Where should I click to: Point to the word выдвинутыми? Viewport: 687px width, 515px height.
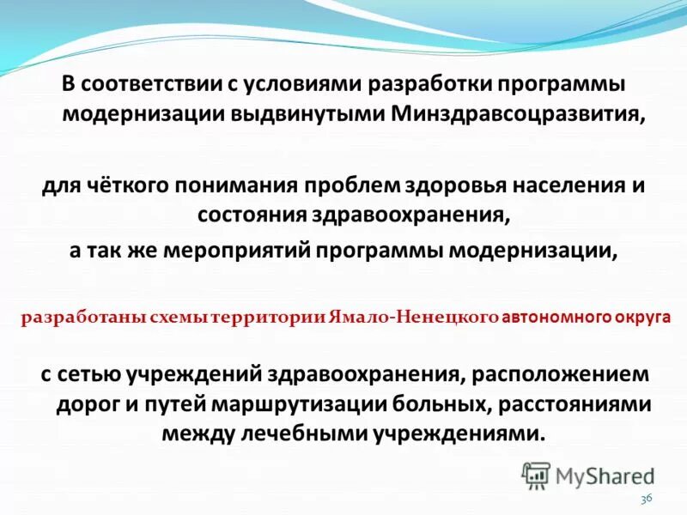click(323, 115)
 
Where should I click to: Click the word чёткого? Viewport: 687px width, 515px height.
click(128, 185)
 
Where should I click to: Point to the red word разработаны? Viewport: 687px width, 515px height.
click(74, 317)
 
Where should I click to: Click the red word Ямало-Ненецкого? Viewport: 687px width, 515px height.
click(429, 317)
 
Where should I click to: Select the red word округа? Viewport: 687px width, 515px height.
click(646, 317)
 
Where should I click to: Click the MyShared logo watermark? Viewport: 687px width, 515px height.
click(588, 475)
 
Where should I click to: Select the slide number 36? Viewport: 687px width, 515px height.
click(647, 500)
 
